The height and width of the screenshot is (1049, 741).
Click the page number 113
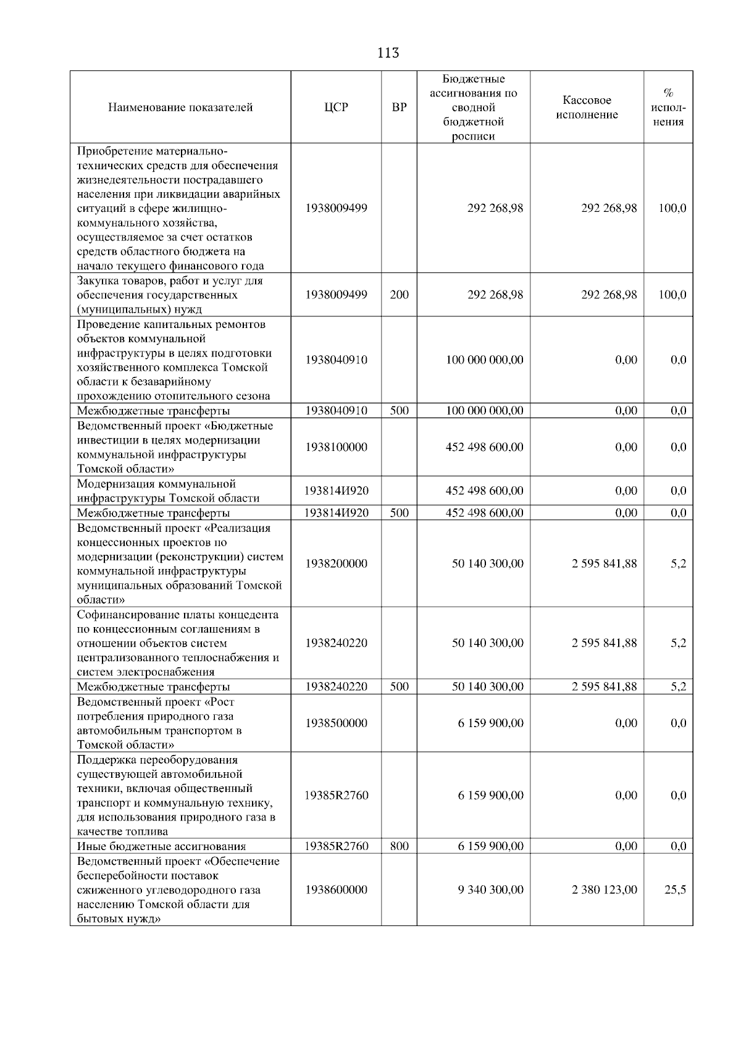(x=388, y=53)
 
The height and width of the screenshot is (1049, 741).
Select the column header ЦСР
(x=336, y=107)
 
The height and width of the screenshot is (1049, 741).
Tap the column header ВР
(x=399, y=107)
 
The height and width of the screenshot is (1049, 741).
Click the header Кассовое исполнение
(x=587, y=107)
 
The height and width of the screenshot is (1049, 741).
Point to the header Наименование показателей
(x=180, y=107)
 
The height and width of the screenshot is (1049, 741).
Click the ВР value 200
(x=399, y=295)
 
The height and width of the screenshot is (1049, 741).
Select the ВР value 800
(x=399, y=846)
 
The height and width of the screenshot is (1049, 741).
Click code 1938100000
(x=336, y=447)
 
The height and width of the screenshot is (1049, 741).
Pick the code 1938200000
(x=336, y=563)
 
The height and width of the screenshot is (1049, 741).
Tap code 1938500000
(x=336, y=723)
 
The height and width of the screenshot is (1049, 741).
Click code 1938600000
(x=336, y=890)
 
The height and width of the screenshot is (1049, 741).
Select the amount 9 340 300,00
(x=490, y=890)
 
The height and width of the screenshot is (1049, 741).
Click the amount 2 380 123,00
(x=604, y=890)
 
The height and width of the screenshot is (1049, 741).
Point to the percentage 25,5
(x=675, y=890)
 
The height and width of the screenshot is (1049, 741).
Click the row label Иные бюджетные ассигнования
(x=161, y=846)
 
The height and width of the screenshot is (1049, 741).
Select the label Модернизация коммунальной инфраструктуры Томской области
(x=168, y=491)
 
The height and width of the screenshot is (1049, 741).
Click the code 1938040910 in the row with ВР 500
(x=336, y=411)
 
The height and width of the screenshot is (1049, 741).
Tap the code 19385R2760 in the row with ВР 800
(x=336, y=846)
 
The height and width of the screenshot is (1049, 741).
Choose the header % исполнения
(x=668, y=107)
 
